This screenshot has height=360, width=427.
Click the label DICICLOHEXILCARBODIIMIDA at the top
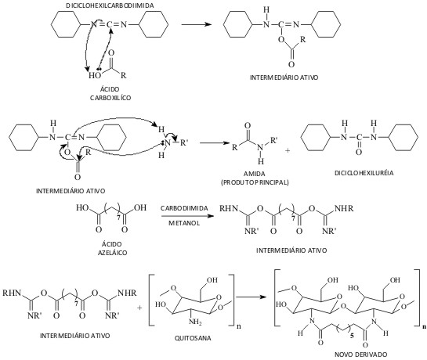click(x=110, y=5)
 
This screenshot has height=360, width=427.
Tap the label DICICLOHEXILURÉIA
click(x=364, y=173)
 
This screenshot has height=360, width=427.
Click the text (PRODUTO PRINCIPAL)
click(x=255, y=182)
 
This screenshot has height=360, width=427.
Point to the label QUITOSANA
click(x=193, y=338)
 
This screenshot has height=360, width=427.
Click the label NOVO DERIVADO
click(x=361, y=355)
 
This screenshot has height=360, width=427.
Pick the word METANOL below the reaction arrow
click(x=184, y=223)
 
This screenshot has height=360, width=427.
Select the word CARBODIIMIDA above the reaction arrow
click(x=184, y=208)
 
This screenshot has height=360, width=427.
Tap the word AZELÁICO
click(x=112, y=253)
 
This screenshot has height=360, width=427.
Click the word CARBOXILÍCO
click(x=110, y=98)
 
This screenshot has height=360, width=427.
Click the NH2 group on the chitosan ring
click(x=195, y=322)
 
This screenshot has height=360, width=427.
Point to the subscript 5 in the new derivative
click(x=352, y=336)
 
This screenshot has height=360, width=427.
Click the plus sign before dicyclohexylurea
click(x=288, y=150)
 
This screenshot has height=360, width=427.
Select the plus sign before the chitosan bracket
click(x=139, y=308)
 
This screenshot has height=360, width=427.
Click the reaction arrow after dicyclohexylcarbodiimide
click(x=197, y=24)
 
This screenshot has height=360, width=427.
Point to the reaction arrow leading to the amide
click(x=215, y=143)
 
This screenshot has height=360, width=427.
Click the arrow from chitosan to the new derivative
click(x=251, y=297)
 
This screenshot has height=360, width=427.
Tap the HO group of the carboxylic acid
click(x=95, y=75)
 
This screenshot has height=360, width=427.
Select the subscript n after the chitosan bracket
click(x=239, y=326)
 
